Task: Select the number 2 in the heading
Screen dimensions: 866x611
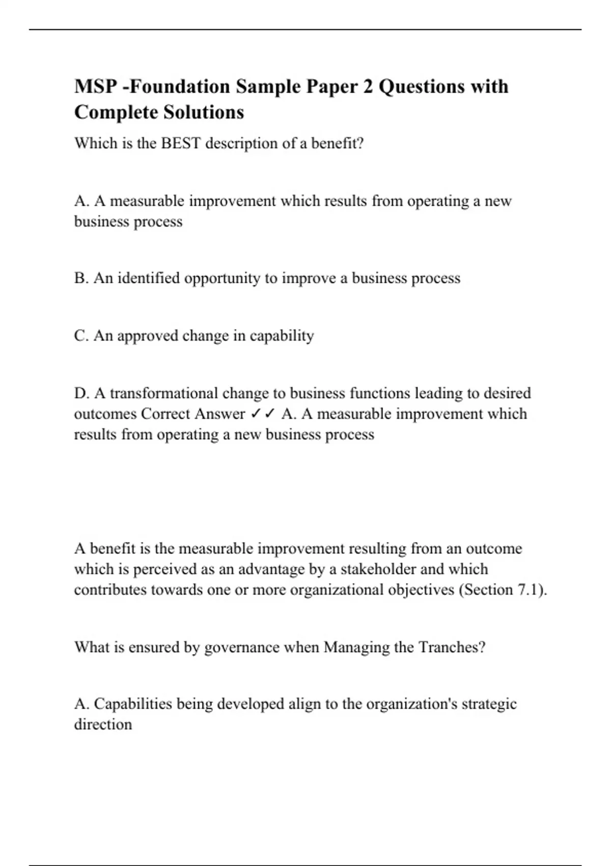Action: (368, 87)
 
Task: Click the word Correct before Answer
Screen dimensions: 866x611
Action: (166, 414)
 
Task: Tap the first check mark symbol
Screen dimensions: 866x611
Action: (256, 414)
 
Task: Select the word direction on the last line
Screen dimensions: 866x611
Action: (103, 724)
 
